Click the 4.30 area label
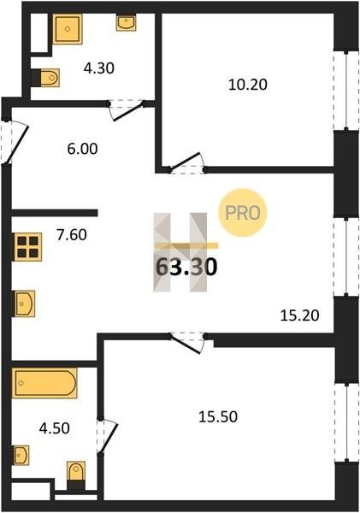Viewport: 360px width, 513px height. pos(99,68)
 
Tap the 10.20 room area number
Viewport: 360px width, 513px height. pos(248,85)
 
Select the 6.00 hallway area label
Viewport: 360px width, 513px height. pos(82,149)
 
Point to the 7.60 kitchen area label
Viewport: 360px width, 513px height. pos(72,235)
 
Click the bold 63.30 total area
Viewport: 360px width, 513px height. pos(186,267)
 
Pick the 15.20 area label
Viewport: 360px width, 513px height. pos(300,316)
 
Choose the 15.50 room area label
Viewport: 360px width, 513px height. pos(218,417)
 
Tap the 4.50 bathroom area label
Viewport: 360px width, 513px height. pos(55,428)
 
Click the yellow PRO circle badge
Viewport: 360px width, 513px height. pos(243,213)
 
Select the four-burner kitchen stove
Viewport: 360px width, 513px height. pos(28,247)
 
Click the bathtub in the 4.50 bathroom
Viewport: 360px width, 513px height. pos(44,383)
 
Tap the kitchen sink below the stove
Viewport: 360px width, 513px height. pos(25,304)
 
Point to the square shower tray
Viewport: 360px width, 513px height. pos(68,29)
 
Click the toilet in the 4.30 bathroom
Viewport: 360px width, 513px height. pos(46,78)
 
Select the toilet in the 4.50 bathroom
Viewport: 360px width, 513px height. pos(76,475)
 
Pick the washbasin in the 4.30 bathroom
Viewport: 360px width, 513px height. pos(126,22)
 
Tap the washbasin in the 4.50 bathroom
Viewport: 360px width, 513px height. pos(21,455)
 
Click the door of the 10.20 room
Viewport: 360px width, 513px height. pos(186,162)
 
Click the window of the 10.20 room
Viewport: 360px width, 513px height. pos(346,91)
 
